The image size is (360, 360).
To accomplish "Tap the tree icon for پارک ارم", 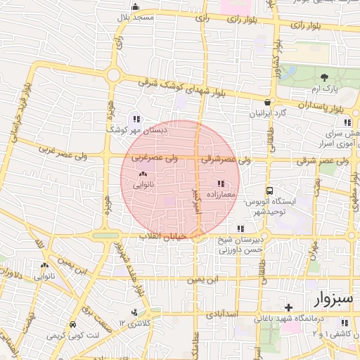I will pos(325,77).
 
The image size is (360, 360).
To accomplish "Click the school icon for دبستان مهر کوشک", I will pos(136,118).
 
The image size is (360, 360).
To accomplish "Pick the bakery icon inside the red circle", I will pos(143,174).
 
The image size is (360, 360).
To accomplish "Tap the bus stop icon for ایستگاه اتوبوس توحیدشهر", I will pos(269,191).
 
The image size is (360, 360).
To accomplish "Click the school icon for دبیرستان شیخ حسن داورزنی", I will pos(240,228).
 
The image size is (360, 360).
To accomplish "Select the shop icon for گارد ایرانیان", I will pos(267,103).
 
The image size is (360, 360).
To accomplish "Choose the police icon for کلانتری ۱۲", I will pos(134,311).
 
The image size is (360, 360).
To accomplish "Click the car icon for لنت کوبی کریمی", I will pos(73,325).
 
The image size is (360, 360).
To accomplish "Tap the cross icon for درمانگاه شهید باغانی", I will pos(288,307).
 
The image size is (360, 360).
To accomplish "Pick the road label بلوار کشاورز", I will pos(276,68).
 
